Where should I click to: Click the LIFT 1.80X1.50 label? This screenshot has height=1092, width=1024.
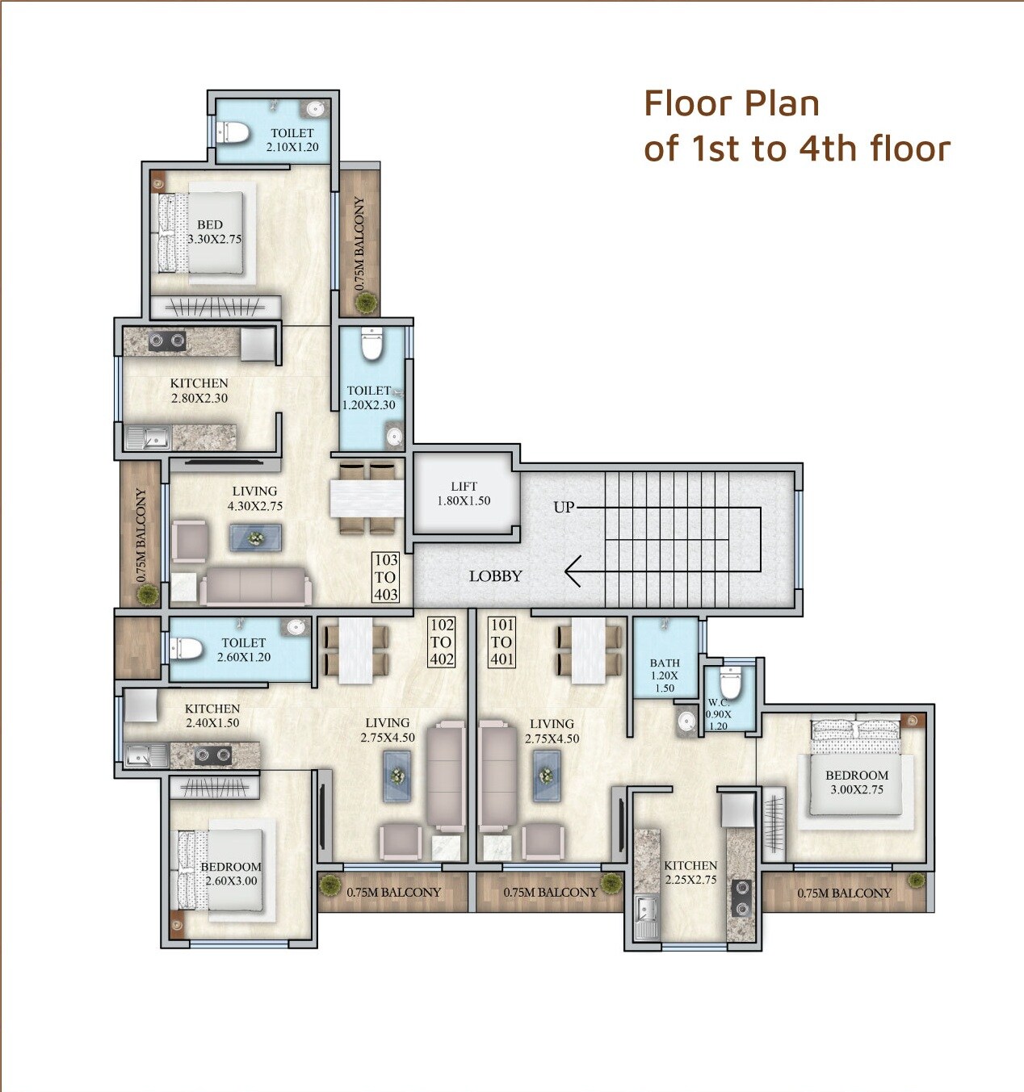[x=464, y=493]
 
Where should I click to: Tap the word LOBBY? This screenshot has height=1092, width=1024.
[x=495, y=576]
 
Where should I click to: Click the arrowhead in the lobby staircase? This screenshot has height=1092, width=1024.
[x=573, y=571]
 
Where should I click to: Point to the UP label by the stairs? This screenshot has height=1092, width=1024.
[x=564, y=507]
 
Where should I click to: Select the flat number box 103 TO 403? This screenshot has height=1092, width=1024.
[x=385, y=577]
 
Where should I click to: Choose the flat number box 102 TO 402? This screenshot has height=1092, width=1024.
[x=442, y=642]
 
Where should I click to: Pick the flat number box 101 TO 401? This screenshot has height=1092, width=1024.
[x=502, y=642]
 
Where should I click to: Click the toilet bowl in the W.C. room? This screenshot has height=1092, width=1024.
[x=730, y=684]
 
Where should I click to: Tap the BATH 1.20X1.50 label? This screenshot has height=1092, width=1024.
[x=665, y=676]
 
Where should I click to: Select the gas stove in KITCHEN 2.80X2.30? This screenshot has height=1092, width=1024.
[x=167, y=342]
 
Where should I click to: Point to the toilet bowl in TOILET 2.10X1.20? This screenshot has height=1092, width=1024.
[x=233, y=132]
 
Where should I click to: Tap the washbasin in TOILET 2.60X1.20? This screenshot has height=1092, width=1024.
[x=296, y=627]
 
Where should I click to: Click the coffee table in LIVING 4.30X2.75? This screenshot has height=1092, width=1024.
[x=256, y=538]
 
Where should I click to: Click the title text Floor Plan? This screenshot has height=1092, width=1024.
[x=731, y=103]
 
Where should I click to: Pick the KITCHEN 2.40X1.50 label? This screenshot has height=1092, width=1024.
[x=212, y=716]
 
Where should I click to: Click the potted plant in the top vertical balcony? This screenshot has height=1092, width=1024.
[x=367, y=303]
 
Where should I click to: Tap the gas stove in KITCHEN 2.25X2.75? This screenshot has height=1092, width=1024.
[x=740, y=897]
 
